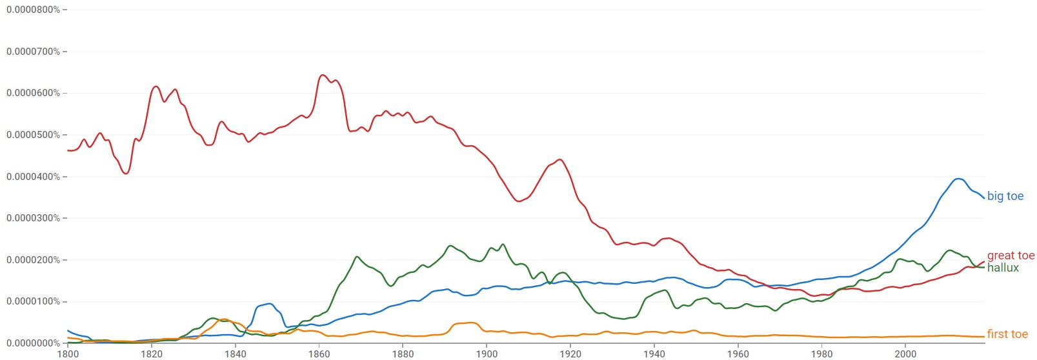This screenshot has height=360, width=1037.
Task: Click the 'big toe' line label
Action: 1005,196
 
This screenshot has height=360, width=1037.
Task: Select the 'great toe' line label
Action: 1011,255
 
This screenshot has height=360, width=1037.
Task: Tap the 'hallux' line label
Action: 1003,268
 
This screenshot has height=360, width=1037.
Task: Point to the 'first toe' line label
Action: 1007,334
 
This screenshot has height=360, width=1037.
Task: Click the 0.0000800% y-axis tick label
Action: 33,10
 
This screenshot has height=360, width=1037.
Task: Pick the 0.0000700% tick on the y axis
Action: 33,52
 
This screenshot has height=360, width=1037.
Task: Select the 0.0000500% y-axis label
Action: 33,135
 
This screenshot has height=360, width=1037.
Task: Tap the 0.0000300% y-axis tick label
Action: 33,218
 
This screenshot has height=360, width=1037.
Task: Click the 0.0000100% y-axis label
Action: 33,301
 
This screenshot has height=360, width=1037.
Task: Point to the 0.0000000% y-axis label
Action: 33,343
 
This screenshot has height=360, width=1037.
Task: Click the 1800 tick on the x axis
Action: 68,354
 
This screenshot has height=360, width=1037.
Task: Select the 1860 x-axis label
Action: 319,354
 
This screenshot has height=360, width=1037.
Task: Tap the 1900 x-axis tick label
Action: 487,354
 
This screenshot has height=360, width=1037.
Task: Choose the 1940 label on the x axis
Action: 654,354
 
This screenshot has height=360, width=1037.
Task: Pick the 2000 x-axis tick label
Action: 905,354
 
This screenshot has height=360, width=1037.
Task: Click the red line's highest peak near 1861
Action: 323,75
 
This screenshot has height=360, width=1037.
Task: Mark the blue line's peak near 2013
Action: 959,179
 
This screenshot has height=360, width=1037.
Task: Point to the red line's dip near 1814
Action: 126,174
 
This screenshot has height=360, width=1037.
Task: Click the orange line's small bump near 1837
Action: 224,319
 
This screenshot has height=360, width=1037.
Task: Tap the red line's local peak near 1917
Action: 559,159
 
